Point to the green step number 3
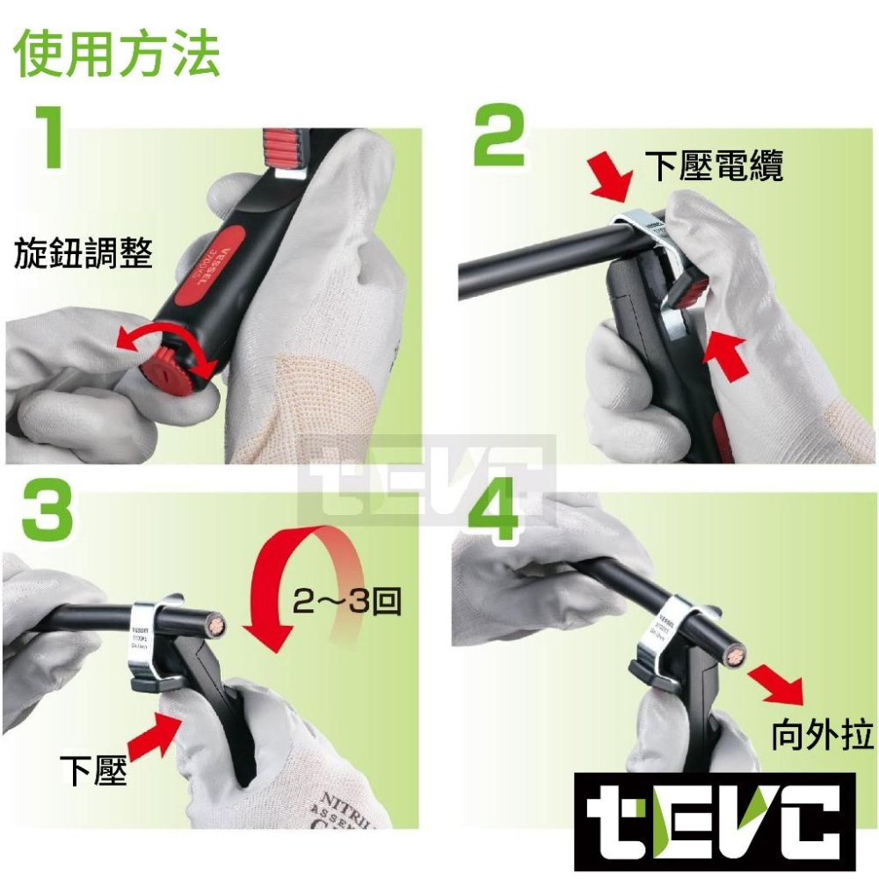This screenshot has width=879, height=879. click(x=47, y=508)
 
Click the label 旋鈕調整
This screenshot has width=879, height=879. click(x=84, y=255)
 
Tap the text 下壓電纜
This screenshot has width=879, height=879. click(x=713, y=165)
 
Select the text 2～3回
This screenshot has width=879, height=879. click(x=346, y=602)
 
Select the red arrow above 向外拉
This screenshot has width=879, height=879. click(x=774, y=684)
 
